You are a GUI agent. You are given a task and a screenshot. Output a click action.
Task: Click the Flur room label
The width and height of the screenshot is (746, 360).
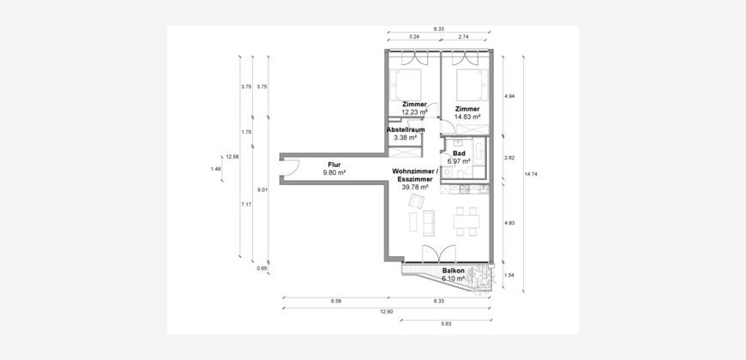(334, 165)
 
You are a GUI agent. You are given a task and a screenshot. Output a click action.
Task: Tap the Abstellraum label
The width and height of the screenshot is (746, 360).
(406, 129)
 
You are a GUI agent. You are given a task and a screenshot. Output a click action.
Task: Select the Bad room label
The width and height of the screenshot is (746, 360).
(459, 154)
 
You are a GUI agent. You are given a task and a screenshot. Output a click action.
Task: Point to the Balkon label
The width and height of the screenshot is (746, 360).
(454, 271)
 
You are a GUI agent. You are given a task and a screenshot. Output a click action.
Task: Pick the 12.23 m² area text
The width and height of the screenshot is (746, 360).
(414, 112)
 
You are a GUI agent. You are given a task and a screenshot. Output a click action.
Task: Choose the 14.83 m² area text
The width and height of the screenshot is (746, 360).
(468, 117)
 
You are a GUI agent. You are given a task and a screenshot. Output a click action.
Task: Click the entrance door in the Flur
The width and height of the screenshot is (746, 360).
(291, 169)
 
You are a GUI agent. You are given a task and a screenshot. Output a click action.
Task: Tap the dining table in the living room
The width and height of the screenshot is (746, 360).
(466, 222)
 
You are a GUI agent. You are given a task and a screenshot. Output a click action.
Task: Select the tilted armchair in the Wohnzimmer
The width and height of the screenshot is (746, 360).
(416, 201)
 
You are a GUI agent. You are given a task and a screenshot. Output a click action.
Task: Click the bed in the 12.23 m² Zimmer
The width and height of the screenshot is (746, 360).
(406, 84)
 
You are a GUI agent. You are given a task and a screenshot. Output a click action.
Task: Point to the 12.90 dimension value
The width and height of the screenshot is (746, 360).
(387, 312)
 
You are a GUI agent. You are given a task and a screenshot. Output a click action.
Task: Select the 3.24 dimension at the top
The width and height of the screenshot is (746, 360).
(413, 36)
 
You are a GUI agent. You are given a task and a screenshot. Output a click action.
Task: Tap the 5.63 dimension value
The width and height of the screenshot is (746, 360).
(445, 325)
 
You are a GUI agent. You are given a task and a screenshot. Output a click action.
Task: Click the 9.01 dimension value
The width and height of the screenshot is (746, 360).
(262, 190)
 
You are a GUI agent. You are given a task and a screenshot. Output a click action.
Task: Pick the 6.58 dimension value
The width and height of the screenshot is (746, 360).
(335, 302)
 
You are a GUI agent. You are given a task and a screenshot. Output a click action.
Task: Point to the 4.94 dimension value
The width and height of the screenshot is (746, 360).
(509, 96)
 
